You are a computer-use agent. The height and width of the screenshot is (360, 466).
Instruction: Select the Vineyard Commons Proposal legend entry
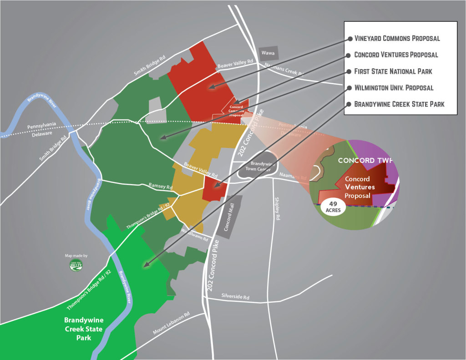coord(397,38)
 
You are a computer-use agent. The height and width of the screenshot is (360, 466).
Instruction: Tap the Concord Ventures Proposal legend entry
coord(396,55)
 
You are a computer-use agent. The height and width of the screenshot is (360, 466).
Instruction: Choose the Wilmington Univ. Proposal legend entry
coord(394,87)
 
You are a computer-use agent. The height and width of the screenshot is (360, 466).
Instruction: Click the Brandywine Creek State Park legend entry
coord(399,104)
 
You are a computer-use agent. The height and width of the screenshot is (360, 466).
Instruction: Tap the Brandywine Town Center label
coord(255,166)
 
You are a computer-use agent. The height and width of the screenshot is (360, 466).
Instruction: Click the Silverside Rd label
coord(235,297)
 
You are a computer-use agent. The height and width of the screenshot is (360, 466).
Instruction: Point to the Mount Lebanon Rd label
coord(171,324)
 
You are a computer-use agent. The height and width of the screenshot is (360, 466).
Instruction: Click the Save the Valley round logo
coord(76,265)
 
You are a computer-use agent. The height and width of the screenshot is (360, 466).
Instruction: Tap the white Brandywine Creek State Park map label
coord(83,329)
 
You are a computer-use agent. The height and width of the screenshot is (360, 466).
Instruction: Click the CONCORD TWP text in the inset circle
coord(365,161)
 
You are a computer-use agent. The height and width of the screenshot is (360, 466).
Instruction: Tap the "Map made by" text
coord(76,256)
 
